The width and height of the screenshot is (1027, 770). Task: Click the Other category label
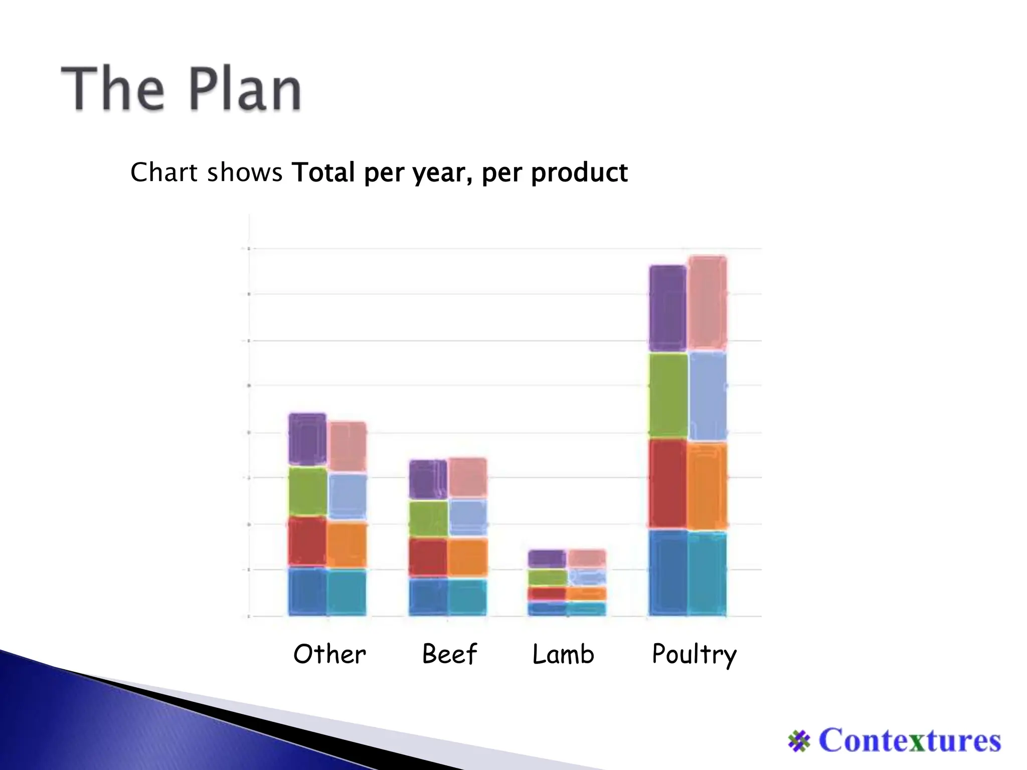pyautogui.click(x=329, y=654)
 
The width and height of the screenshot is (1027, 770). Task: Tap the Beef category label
pyautogui.click(x=449, y=654)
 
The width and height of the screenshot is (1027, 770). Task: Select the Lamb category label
pyautogui.click(x=563, y=654)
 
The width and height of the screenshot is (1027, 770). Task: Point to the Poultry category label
pyautogui.click(x=694, y=654)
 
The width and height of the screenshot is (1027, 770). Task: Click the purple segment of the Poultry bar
pyautogui.click(x=667, y=308)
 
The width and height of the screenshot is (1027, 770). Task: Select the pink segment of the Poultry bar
pyautogui.click(x=707, y=302)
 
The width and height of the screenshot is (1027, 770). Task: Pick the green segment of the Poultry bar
pyautogui.click(x=668, y=396)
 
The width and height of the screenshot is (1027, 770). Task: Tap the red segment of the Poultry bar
pyautogui.click(x=667, y=484)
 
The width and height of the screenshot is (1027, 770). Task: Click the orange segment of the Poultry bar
pyautogui.click(x=707, y=486)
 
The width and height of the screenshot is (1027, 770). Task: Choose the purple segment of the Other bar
pyautogui.click(x=307, y=439)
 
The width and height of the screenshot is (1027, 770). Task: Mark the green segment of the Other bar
pyautogui.click(x=308, y=491)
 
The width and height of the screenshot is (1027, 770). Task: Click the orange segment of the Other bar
pyautogui.click(x=347, y=545)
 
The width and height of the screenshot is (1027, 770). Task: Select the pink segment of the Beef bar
pyautogui.click(x=467, y=477)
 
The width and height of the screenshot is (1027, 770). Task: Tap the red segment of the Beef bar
pyautogui.click(x=428, y=557)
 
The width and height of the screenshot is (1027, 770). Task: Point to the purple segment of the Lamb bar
pyautogui.click(x=547, y=558)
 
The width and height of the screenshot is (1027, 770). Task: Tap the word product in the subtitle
pyautogui.click(x=579, y=173)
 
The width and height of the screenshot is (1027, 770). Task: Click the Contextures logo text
pyautogui.click(x=909, y=741)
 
